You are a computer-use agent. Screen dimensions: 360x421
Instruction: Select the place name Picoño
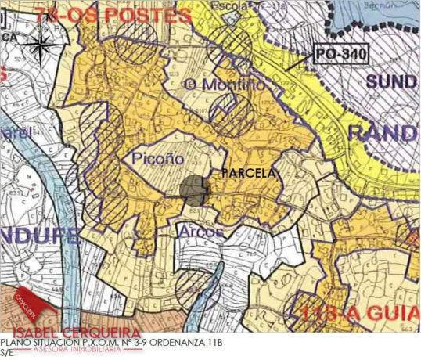[153, 159]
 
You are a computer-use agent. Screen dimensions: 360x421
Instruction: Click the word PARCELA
[249, 173]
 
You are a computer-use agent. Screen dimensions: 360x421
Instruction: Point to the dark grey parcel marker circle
[193, 190]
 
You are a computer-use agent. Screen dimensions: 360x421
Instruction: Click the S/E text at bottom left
[7, 352]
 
